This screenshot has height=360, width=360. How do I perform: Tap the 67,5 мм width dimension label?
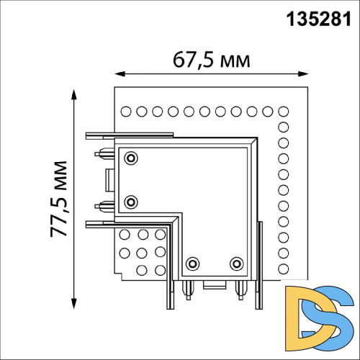pos(212,59)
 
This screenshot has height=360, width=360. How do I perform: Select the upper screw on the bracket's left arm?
pos(130,158)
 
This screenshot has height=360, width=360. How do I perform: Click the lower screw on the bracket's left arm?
pos(130,201)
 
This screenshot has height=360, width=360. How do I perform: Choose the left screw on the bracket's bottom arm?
pos(192,264)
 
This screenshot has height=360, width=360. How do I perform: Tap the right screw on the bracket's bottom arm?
pos(235,264)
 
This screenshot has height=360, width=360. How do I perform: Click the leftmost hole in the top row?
pos(125,111)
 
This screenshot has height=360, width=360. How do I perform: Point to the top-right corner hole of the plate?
pos(282,111)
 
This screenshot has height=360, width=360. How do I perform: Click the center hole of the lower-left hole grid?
pos(141,252)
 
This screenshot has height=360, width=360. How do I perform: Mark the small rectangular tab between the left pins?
pos(109,179)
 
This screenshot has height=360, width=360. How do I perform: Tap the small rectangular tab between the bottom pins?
pos(214,285)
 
